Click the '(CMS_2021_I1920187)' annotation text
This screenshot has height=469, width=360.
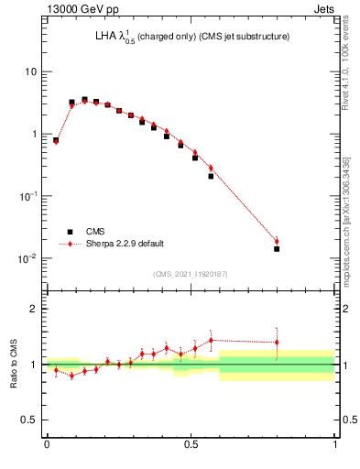pos(191,273)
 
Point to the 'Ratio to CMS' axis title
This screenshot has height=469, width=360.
pos(14,364)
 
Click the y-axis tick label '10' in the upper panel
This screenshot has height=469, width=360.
pos(30,71)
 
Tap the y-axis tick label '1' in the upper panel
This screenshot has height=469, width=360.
pos(34,134)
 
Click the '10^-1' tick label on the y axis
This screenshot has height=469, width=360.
pos(27,195)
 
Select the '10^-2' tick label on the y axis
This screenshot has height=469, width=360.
pos(27,257)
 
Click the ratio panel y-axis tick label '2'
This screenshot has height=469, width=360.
pos(34,309)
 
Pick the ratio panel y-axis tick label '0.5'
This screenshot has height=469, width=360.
pos(29,420)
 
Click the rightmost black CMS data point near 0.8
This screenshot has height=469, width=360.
pos(277,248)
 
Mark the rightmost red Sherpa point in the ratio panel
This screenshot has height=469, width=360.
pos(277,343)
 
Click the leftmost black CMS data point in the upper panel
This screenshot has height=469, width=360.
pos(56,141)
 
